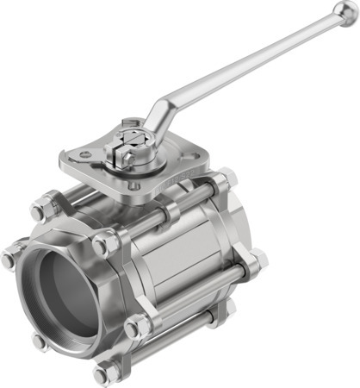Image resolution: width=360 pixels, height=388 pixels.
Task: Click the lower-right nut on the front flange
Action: point(135,328)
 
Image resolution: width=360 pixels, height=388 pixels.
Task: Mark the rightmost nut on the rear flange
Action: point(256,259)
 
